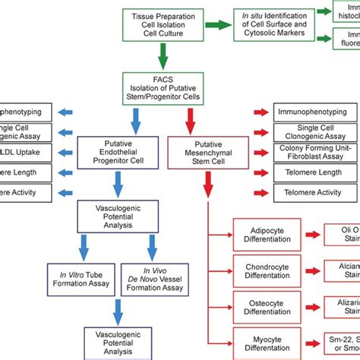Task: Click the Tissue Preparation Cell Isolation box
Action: point(162,22)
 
